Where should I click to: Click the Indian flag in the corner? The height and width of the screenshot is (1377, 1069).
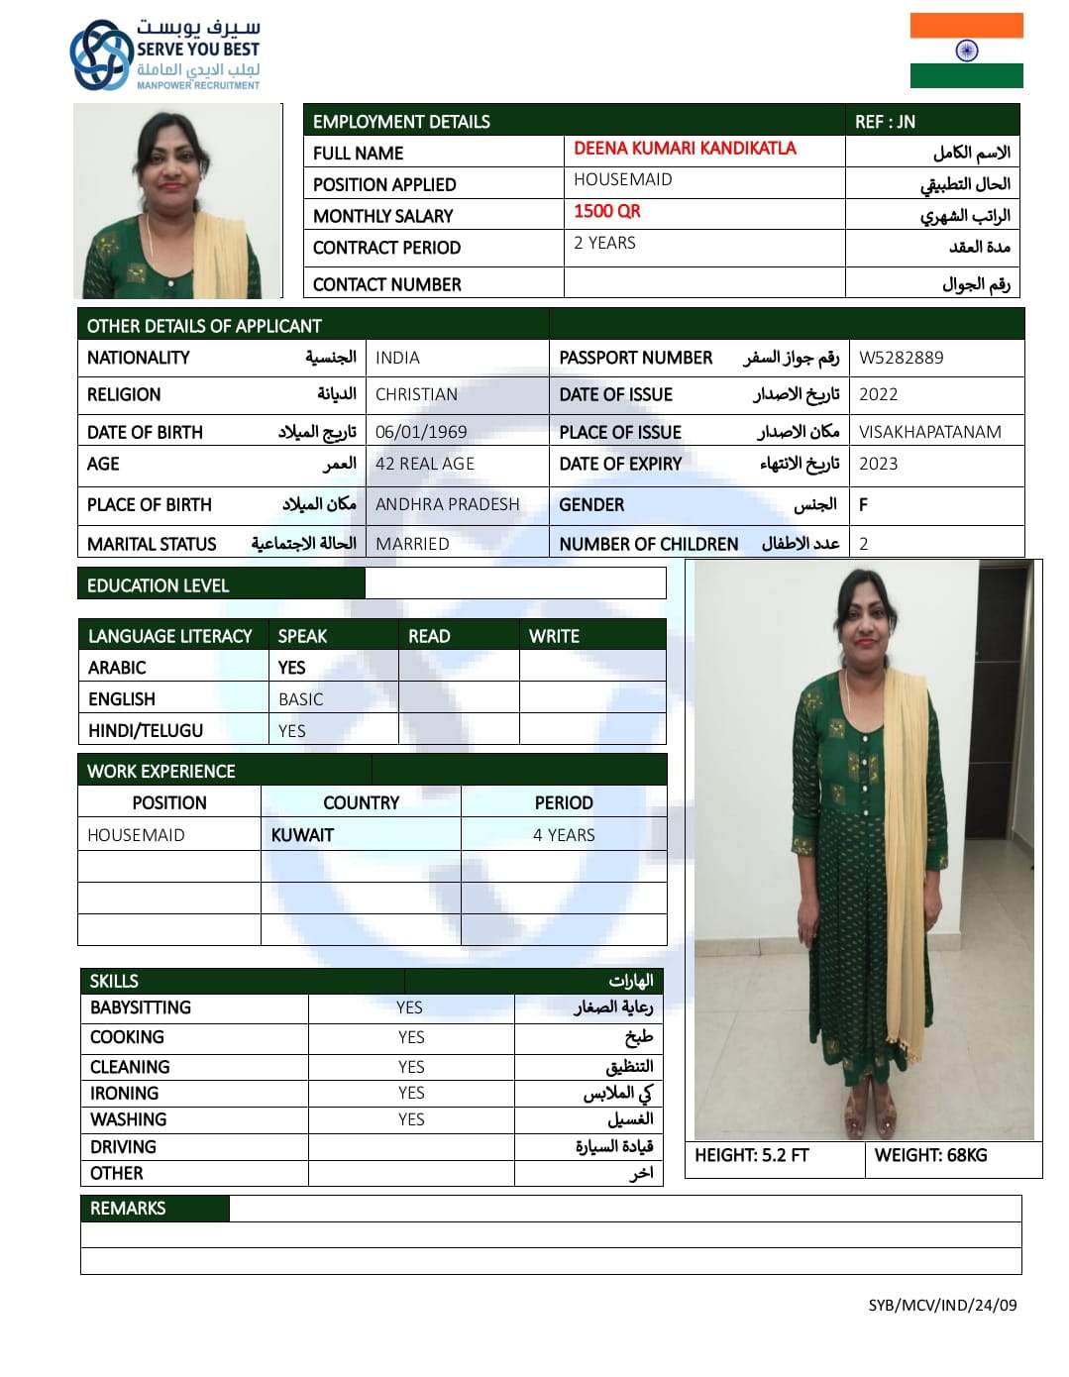click(966, 51)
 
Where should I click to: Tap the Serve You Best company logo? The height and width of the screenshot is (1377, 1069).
click(164, 54)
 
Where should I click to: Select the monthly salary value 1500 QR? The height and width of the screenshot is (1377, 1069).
click(607, 211)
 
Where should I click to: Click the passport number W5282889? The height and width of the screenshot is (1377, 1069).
click(901, 358)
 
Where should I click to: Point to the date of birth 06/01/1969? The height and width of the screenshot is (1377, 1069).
click(421, 432)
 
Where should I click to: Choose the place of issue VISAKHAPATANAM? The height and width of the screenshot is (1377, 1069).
click(929, 432)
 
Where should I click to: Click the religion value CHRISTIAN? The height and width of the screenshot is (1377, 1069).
click(416, 394)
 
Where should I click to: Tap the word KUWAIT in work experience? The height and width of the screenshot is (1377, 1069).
click(302, 835)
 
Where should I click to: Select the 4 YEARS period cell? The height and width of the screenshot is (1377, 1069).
click(564, 835)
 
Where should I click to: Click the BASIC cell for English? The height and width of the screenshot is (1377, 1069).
click(300, 699)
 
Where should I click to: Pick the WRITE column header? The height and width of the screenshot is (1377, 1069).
click(554, 636)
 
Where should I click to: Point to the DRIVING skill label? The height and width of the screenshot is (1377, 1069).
click(123, 1147)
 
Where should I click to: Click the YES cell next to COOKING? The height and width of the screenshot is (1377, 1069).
click(411, 1037)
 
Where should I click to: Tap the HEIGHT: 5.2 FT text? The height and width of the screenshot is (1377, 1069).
click(751, 1155)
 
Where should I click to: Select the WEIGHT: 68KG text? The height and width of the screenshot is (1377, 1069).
click(930, 1155)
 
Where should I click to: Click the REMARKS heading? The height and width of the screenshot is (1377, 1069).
click(128, 1209)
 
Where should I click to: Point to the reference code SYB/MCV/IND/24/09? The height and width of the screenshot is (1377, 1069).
click(942, 1305)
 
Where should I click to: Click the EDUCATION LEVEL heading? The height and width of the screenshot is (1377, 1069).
click(158, 585)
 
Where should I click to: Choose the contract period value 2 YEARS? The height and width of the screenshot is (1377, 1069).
click(604, 243)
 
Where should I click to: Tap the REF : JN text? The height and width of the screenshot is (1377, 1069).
click(885, 122)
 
